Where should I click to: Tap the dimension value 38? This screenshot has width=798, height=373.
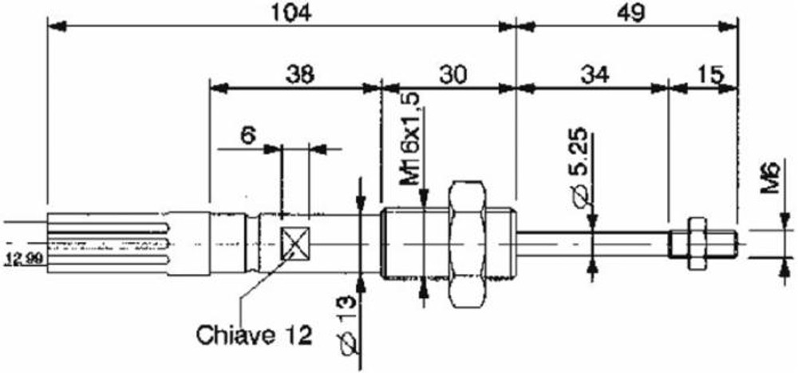pos(299,73)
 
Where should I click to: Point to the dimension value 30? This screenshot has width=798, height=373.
pos(452,73)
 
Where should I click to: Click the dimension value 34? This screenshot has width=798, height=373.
pos(595,73)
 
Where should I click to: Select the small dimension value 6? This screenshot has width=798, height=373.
pos(247,135)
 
